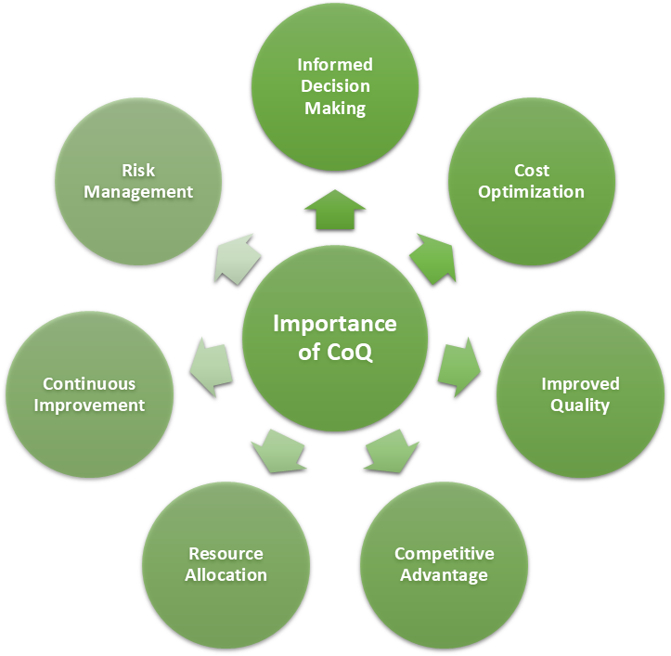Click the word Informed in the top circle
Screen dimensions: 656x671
click(x=335, y=65)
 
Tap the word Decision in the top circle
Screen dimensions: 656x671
click(x=335, y=86)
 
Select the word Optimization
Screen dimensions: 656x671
click(x=531, y=192)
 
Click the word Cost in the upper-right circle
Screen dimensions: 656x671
click(x=532, y=171)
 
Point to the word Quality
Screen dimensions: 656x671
click(x=580, y=405)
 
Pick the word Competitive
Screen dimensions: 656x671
click(x=445, y=554)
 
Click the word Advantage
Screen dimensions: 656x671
click(x=445, y=575)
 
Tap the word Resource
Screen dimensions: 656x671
click(x=226, y=554)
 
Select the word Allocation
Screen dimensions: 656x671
click(x=226, y=575)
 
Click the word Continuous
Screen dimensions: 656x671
click(x=89, y=384)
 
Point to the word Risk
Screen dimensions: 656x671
click(x=138, y=171)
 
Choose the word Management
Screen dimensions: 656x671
click(x=138, y=192)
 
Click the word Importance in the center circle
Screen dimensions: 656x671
click(x=334, y=324)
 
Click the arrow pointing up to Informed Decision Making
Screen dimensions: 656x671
click(x=334, y=211)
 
